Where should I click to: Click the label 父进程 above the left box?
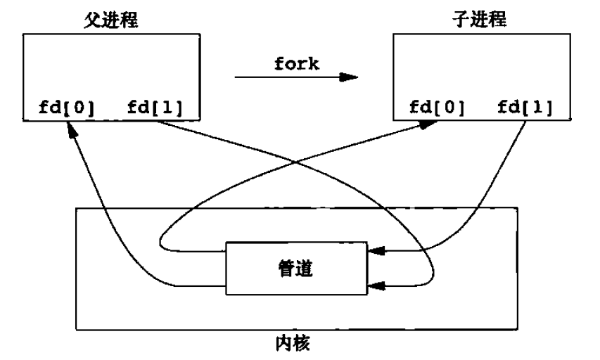point(108,20)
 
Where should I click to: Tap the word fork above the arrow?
point(296,63)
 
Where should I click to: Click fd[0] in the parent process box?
point(66,108)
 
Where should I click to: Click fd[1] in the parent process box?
point(155,108)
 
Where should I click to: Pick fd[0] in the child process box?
point(436,108)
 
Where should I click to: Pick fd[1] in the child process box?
point(525,108)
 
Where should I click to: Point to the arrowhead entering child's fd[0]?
point(428,124)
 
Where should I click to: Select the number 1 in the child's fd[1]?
point(538,108)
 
